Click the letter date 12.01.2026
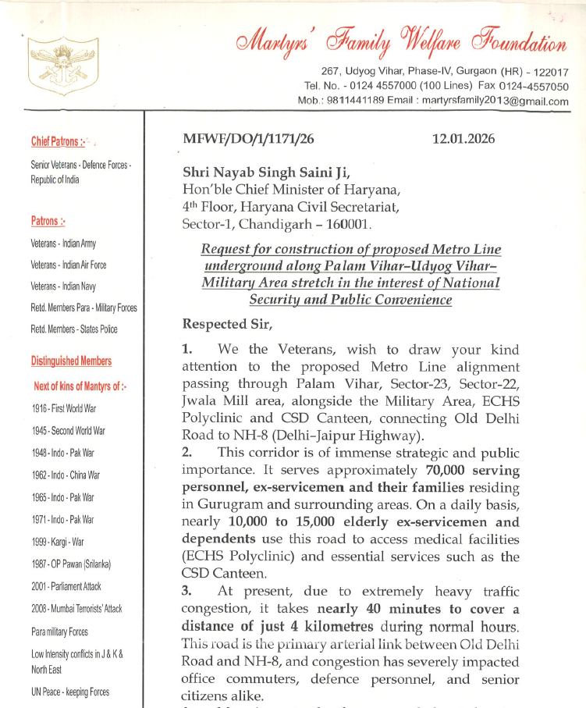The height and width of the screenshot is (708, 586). pos(463,139)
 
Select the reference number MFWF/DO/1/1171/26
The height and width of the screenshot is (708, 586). pos(248,139)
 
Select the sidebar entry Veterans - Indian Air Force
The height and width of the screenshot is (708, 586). pos(69,265)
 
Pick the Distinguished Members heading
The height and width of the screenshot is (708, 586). pos(71,361)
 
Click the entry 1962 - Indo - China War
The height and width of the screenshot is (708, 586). pos(66,475)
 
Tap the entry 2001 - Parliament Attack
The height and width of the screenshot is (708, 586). pos(66,586)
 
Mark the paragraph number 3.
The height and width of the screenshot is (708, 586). pos(186,591)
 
